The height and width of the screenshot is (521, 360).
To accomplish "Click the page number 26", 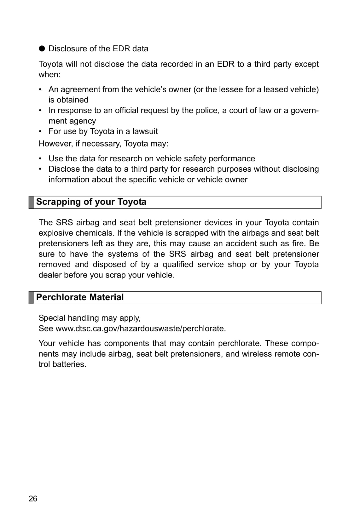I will [33, 499].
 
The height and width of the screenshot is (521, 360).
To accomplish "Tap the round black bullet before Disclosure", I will [42, 49].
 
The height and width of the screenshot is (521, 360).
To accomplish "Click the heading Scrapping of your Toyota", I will [91, 202].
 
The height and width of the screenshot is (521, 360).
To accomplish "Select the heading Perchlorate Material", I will [80, 297].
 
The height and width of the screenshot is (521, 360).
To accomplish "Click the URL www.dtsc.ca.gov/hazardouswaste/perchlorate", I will [141, 329].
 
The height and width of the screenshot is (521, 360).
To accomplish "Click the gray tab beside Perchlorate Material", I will [31, 298].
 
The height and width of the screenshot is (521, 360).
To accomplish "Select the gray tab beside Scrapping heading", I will [31, 202].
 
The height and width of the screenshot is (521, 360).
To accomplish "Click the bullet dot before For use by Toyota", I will [40, 131].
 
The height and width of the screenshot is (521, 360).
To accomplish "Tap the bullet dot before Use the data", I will [40, 158].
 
